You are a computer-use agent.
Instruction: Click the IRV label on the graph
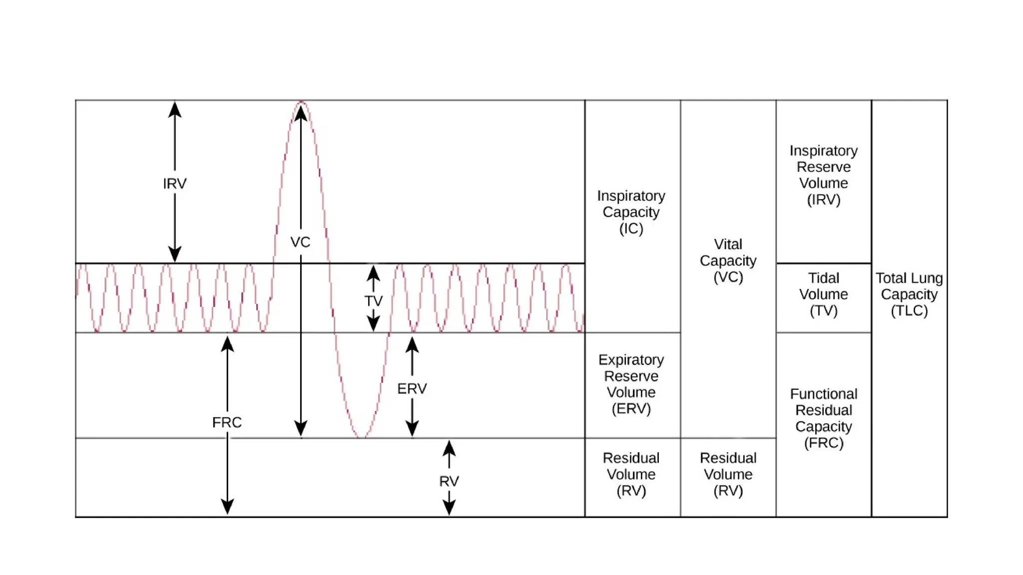click(x=174, y=184)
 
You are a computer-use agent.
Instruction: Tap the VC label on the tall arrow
click(x=300, y=242)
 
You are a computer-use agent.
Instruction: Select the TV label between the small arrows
click(x=373, y=301)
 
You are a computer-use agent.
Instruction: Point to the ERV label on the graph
click(x=412, y=388)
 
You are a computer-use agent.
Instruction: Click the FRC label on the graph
click(x=227, y=422)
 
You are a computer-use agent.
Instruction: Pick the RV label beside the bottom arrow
click(x=449, y=481)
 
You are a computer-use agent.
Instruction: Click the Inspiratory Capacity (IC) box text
click(x=631, y=212)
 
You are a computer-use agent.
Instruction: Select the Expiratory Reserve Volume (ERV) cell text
click(x=631, y=384)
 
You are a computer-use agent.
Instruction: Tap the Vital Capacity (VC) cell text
click(x=728, y=261)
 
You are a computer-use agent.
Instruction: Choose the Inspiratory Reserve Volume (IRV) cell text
click(x=823, y=175)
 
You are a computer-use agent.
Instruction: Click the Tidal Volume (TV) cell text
click(x=823, y=294)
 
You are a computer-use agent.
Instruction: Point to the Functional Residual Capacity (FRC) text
click(x=823, y=418)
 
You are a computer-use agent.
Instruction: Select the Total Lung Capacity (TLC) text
click(x=909, y=294)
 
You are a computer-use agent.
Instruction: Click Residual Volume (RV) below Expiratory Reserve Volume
click(x=631, y=474)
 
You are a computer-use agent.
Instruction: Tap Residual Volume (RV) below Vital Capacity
click(x=728, y=474)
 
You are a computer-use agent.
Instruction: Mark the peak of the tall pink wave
click(x=301, y=102)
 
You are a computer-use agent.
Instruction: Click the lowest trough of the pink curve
click(x=362, y=437)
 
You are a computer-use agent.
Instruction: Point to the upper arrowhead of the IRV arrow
click(x=174, y=109)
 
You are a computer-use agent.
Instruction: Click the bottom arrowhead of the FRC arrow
click(x=227, y=507)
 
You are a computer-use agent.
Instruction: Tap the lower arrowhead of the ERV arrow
click(x=412, y=429)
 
